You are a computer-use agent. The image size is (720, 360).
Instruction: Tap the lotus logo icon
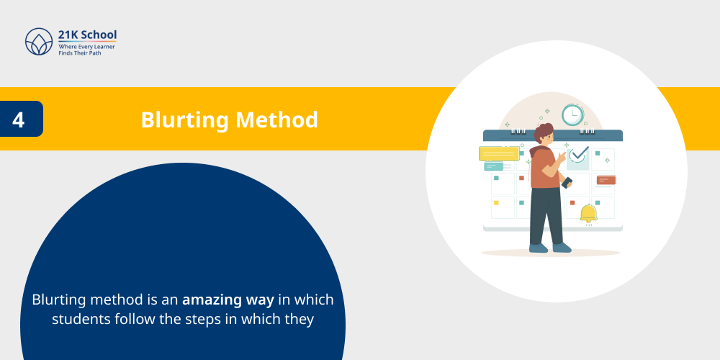coord(39,42)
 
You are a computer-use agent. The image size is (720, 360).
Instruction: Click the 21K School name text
coord(87,35)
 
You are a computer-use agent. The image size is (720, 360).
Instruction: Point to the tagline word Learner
coord(102,46)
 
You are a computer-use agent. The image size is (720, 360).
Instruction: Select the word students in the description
coord(81,318)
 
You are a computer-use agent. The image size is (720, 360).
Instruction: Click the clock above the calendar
coord(572,114)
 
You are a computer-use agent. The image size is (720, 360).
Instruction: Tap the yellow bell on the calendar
coord(588,213)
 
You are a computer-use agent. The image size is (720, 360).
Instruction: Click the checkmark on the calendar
coord(578,154)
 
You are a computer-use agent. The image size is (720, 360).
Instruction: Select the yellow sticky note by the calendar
coord(498,153)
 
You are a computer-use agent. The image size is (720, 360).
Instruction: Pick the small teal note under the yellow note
coord(494,166)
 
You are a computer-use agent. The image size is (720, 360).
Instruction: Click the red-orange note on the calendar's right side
coord(606,180)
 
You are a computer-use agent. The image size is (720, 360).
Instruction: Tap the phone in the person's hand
coord(567,183)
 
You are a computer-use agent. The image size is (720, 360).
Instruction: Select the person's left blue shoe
coord(538,248)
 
